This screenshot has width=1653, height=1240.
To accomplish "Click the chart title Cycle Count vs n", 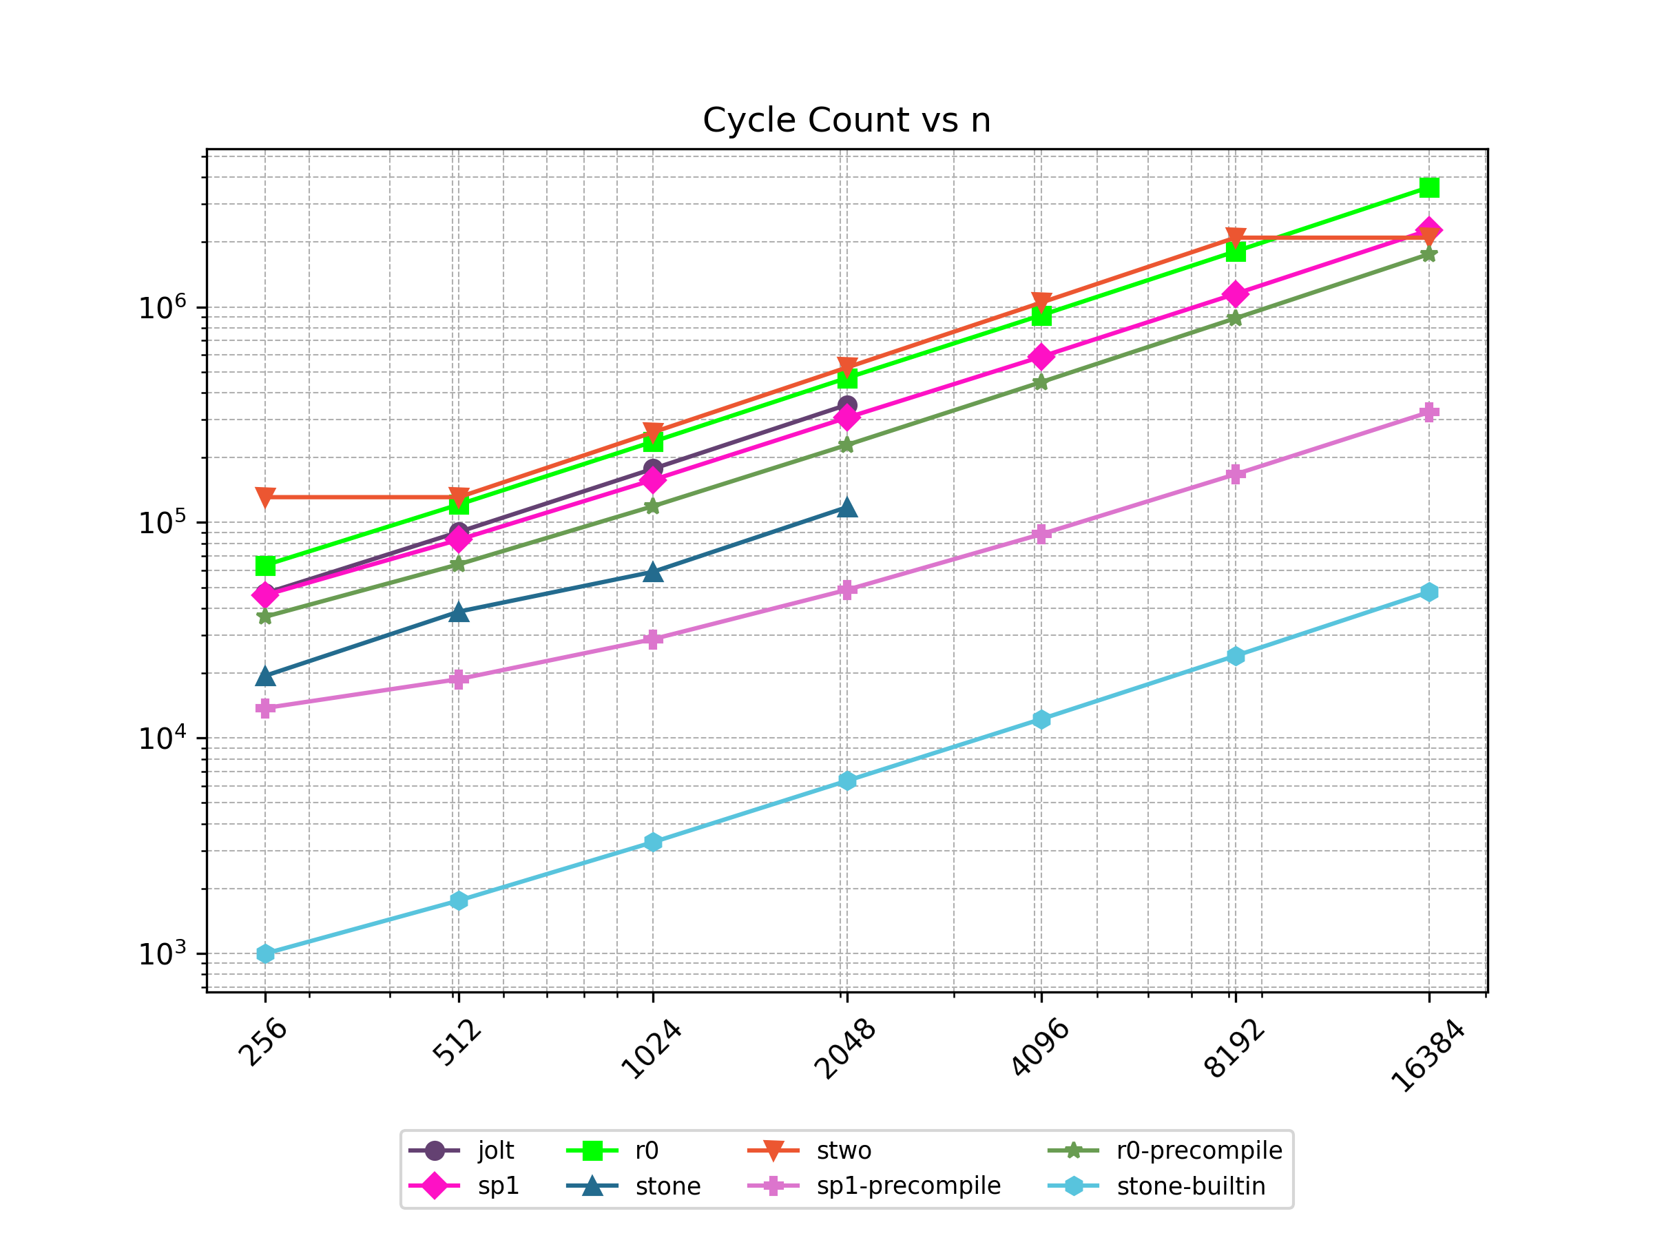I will click(846, 121).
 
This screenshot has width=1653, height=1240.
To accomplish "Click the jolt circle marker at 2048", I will click(846, 405).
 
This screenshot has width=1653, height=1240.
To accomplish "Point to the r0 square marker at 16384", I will click(1429, 187).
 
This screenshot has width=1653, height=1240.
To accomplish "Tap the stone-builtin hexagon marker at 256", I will click(265, 953).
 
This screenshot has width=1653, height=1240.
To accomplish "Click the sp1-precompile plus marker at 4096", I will click(1041, 534).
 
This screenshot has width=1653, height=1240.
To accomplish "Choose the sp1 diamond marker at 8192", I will click(1235, 293).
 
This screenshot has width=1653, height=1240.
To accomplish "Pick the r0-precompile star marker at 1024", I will click(652, 507).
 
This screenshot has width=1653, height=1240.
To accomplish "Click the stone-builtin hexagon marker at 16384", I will click(1429, 592).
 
